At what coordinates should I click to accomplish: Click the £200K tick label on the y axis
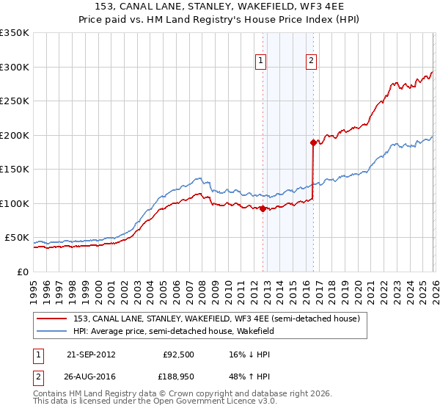(x=15, y=135)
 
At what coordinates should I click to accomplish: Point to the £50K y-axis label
(x=17, y=238)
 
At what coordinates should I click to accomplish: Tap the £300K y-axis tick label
(x=15, y=67)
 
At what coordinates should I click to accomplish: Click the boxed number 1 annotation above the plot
(x=262, y=61)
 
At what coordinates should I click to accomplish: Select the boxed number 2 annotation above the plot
(x=312, y=61)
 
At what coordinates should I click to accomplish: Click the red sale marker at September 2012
(x=263, y=208)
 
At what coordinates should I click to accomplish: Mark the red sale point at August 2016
(x=313, y=142)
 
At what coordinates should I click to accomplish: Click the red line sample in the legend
(x=52, y=319)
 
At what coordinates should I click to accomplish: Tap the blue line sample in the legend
(x=52, y=332)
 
